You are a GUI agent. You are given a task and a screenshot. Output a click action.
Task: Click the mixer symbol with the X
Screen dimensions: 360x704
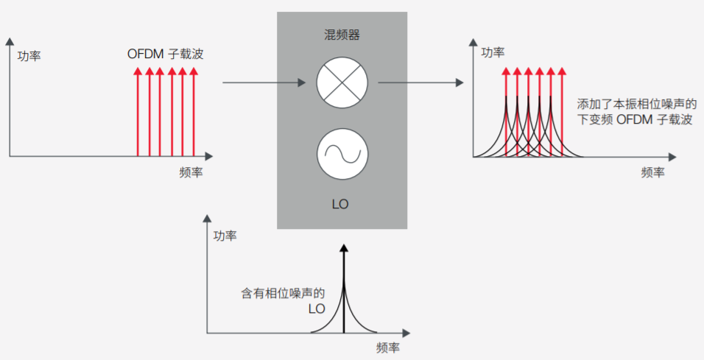tap(341, 82)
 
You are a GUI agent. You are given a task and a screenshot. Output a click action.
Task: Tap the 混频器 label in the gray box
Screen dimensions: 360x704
tap(342, 35)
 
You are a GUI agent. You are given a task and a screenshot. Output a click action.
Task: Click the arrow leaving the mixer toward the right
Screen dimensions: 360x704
tap(420, 82)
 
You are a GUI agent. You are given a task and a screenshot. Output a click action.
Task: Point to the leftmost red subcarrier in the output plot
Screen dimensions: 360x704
tap(506, 110)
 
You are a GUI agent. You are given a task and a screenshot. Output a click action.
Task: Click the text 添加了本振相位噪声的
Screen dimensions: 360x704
tap(637, 104)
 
